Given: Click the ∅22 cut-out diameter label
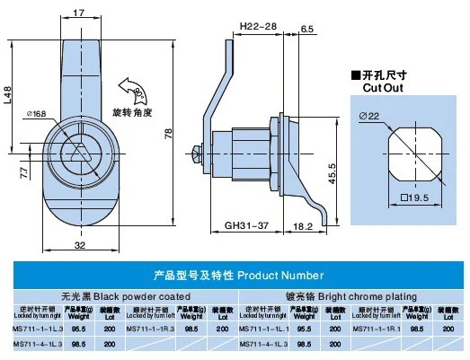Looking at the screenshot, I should [373, 114].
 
